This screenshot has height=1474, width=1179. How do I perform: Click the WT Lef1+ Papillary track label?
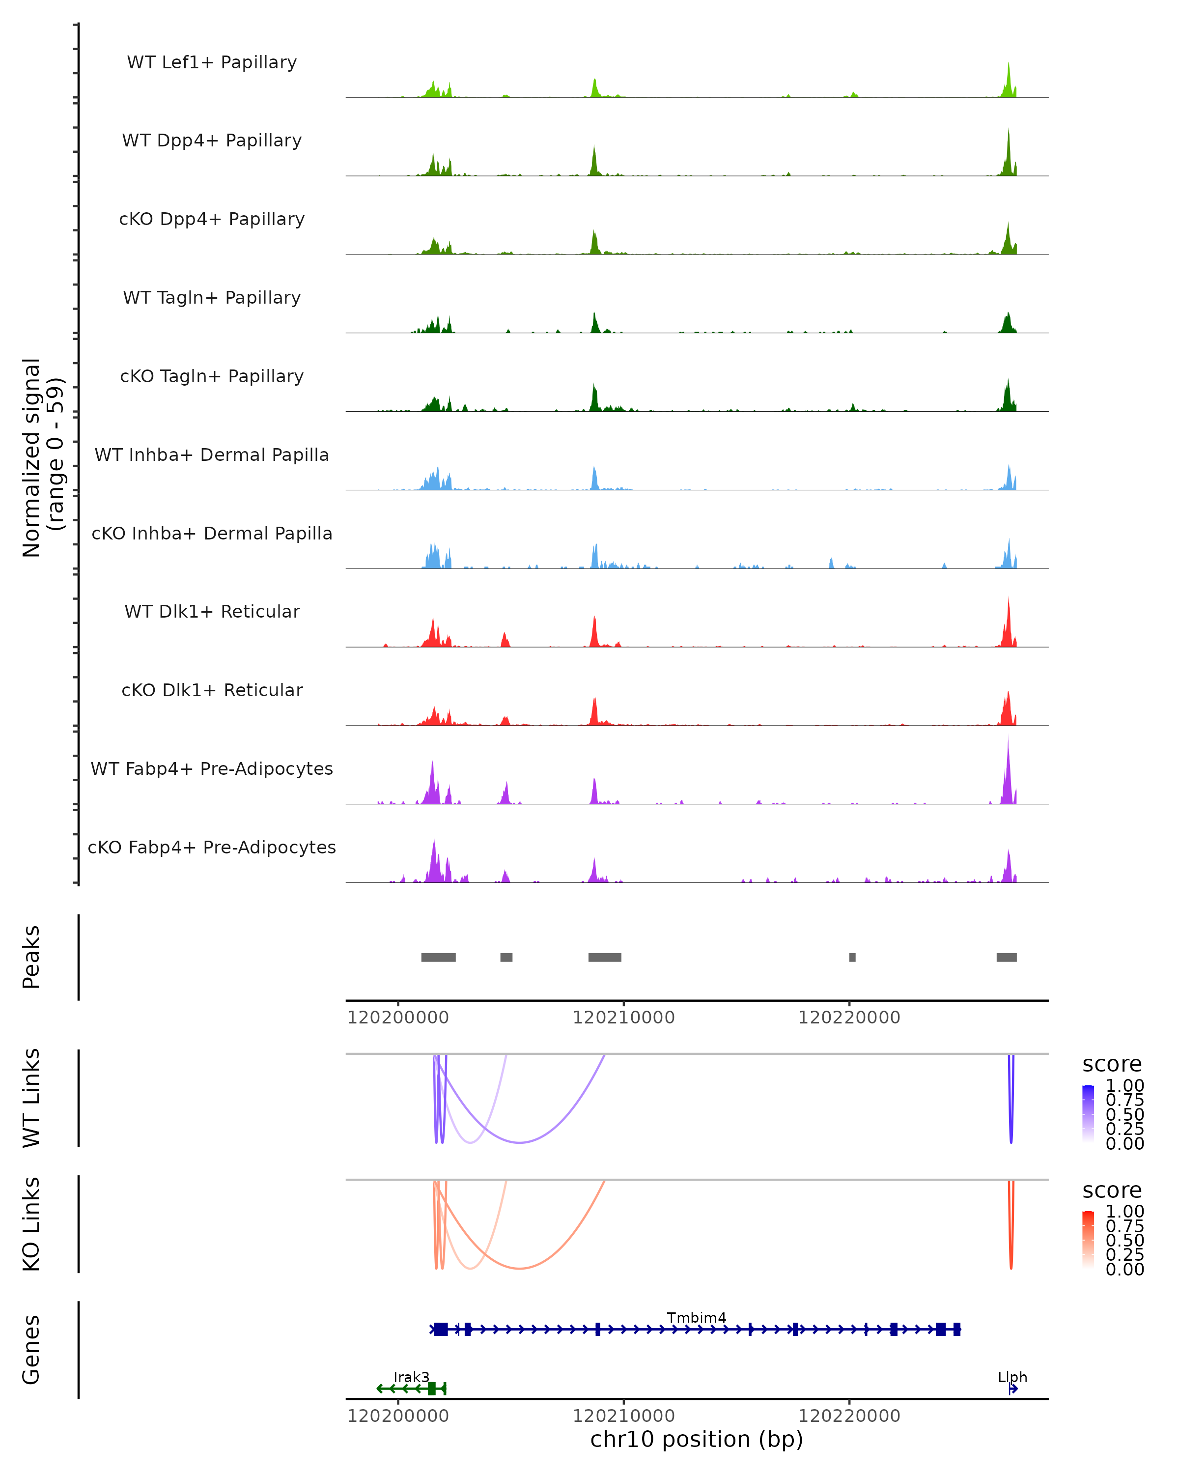click(x=212, y=62)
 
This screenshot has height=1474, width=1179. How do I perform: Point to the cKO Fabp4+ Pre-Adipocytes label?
click(x=212, y=847)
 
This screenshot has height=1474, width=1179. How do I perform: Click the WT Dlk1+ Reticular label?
click(x=212, y=611)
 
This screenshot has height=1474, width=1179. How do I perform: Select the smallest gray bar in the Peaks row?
click(x=852, y=957)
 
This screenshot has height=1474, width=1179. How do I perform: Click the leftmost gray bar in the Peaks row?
click(x=438, y=957)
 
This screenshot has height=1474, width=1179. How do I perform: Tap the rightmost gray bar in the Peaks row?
click(x=1006, y=957)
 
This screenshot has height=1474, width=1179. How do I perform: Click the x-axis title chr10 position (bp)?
click(x=697, y=1439)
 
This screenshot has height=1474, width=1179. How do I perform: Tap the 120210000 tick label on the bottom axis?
click(x=623, y=1416)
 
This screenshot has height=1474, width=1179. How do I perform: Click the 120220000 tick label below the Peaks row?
click(x=849, y=1018)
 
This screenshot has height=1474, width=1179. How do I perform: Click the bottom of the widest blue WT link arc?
click(x=520, y=1142)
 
